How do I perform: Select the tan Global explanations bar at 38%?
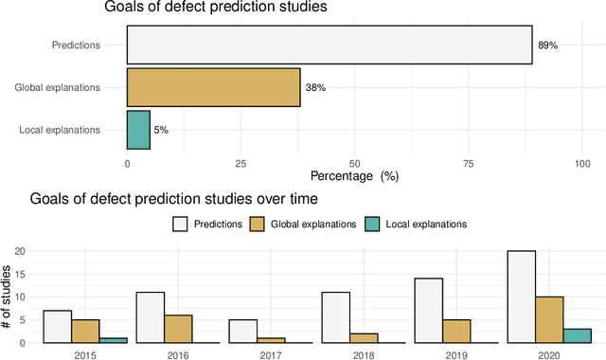(214, 87)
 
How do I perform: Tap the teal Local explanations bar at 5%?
(138, 129)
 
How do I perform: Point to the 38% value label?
(315, 87)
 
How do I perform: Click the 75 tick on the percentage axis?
(469, 162)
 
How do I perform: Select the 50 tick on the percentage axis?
(355, 162)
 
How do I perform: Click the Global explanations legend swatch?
(256, 225)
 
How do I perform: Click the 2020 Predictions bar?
(521, 297)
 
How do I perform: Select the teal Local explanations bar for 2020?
(578, 335)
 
